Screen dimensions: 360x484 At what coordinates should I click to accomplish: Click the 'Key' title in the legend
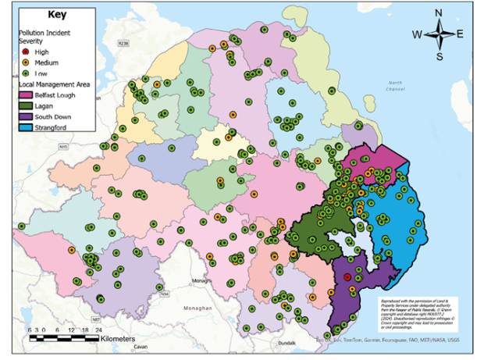[x=57, y=14]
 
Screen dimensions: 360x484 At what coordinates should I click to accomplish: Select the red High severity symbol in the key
[x=24, y=49]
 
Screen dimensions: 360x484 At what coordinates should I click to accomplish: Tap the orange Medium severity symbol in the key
[x=24, y=62]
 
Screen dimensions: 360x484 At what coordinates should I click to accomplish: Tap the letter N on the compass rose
[x=439, y=12]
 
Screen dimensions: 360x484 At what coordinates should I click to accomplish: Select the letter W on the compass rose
[x=417, y=34]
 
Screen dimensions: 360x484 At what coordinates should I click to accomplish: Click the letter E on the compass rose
[x=460, y=34]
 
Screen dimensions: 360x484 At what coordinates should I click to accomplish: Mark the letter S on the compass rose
[x=440, y=55]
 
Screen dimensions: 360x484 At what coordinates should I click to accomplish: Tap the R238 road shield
[x=123, y=45]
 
